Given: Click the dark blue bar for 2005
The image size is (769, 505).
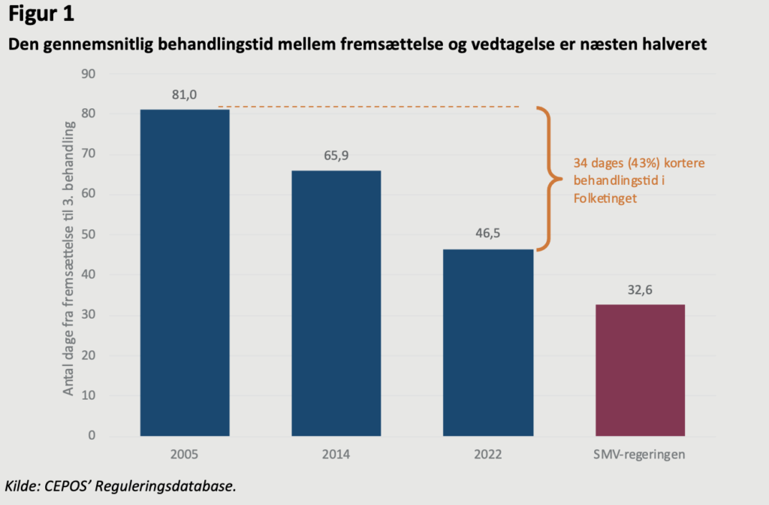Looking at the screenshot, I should tap(185, 272).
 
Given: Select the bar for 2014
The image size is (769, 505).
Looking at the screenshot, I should tap(336, 303).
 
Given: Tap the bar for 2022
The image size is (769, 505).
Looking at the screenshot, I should tap(488, 342).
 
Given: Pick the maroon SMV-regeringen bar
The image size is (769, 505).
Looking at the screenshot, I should tap(640, 370).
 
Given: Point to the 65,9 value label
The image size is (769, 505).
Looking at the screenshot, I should tap(336, 156).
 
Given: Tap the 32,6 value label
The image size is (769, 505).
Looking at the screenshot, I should tap(640, 290).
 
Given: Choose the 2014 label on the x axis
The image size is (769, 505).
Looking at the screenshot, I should tap(336, 455).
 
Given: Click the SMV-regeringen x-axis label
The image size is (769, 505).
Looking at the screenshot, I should tap(640, 455).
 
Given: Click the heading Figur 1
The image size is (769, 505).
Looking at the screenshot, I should tap(41, 14).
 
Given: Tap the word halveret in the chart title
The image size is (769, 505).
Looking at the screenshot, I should tap(676, 45).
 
